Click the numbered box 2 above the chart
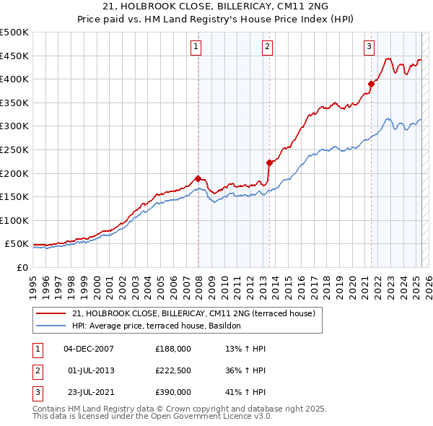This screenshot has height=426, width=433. coord(267,48)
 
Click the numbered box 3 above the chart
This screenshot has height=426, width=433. coord(369,48)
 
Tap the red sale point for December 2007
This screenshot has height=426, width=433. coord(198,178)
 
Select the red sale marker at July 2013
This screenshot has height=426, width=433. coord(269,162)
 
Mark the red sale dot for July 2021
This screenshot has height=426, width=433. coord(372,84)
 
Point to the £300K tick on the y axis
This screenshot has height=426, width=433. coord(14,126)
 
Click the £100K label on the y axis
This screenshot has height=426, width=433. coord(14,221)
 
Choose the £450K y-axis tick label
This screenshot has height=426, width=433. coord(14,56)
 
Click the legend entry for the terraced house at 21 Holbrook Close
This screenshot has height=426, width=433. coord(193,313)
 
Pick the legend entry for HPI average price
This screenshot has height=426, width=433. coord(160,326)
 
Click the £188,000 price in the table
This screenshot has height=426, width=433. coord(173,349)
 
